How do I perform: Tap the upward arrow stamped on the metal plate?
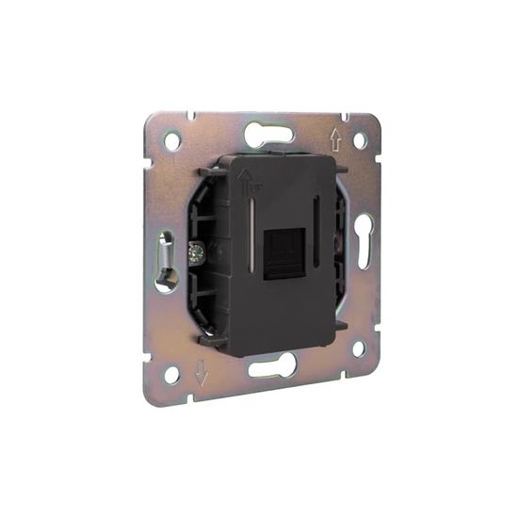(x=334, y=140)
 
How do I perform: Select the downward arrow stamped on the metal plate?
(x=202, y=373)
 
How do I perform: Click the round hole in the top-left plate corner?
(x=172, y=141)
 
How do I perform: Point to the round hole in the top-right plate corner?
(x=360, y=140)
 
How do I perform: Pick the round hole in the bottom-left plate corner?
(x=171, y=374)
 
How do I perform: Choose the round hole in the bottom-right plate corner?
(x=358, y=348)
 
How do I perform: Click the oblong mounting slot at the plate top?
(x=269, y=135)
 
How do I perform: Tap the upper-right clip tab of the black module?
(x=340, y=170)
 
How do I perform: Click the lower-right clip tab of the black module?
(x=340, y=325)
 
